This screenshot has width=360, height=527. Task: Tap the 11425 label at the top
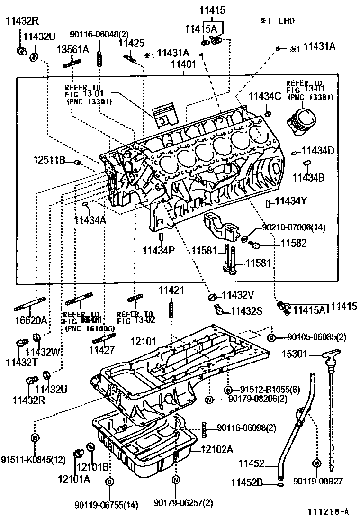pos(131,43)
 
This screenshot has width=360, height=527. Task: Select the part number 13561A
pos(73,49)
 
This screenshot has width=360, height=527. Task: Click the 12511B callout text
pos(49,160)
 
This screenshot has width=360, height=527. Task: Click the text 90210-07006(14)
pos(294,227)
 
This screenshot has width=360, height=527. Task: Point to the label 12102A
pos(217,449)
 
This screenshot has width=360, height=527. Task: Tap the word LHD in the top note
pos(287,20)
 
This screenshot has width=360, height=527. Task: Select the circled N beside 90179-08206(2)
pos(209,400)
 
